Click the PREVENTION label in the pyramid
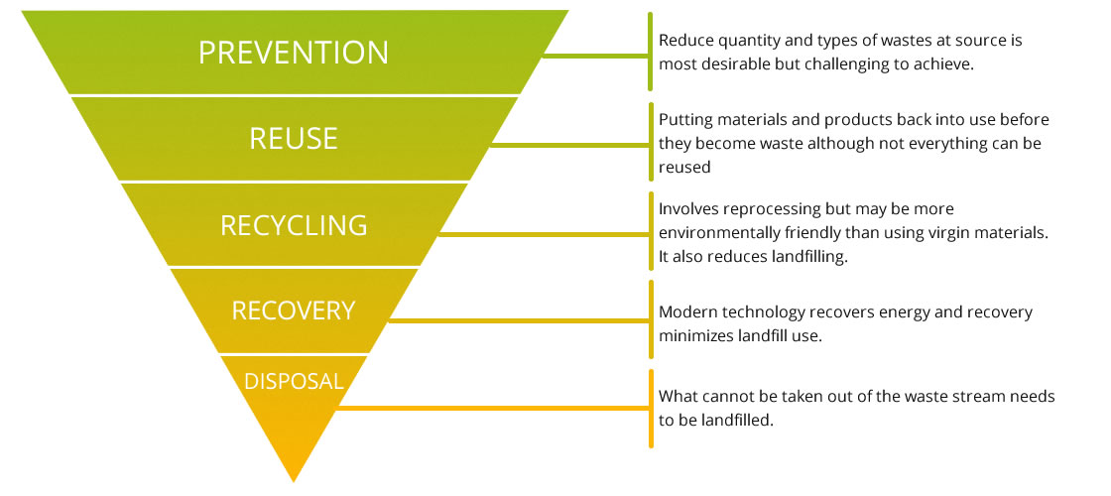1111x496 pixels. [x=294, y=53]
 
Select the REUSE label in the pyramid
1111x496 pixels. [x=294, y=139]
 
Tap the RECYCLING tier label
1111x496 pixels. [x=294, y=225]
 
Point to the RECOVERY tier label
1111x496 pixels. [x=294, y=311]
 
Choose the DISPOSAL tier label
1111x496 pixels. [x=294, y=381]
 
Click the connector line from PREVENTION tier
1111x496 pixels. [x=596, y=55]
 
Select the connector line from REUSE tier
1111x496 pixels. [x=570, y=145]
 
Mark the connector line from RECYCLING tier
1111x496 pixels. [x=545, y=234]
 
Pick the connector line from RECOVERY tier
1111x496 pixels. [x=519, y=321]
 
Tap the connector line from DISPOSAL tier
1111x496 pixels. [x=492, y=408]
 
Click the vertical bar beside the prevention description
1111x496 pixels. [x=651, y=52]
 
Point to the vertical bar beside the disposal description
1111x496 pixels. [x=651, y=408]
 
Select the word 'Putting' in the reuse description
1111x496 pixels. [x=683, y=120]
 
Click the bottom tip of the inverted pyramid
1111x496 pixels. [x=294, y=482]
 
